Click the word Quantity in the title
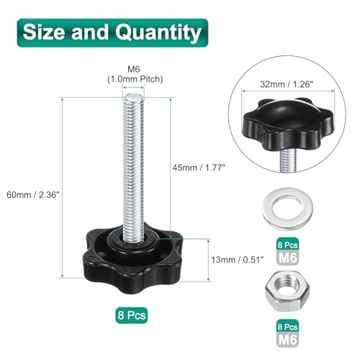pyautogui.click(x=158, y=32)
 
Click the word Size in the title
pyautogui.click(x=44, y=32)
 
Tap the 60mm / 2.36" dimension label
pyautogui.click(x=32, y=194)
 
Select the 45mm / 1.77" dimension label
pyautogui.click(x=199, y=168)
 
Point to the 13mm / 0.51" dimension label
pyautogui.click(x=237, y=259)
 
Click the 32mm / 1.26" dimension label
pyautogui.click(x=287, y=84)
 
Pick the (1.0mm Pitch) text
pyautogui.click(x=135, y=79)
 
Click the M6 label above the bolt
pyautogui.click(x=134, y=69)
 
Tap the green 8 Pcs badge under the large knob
pyautogui.click(x=132, y=315)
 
